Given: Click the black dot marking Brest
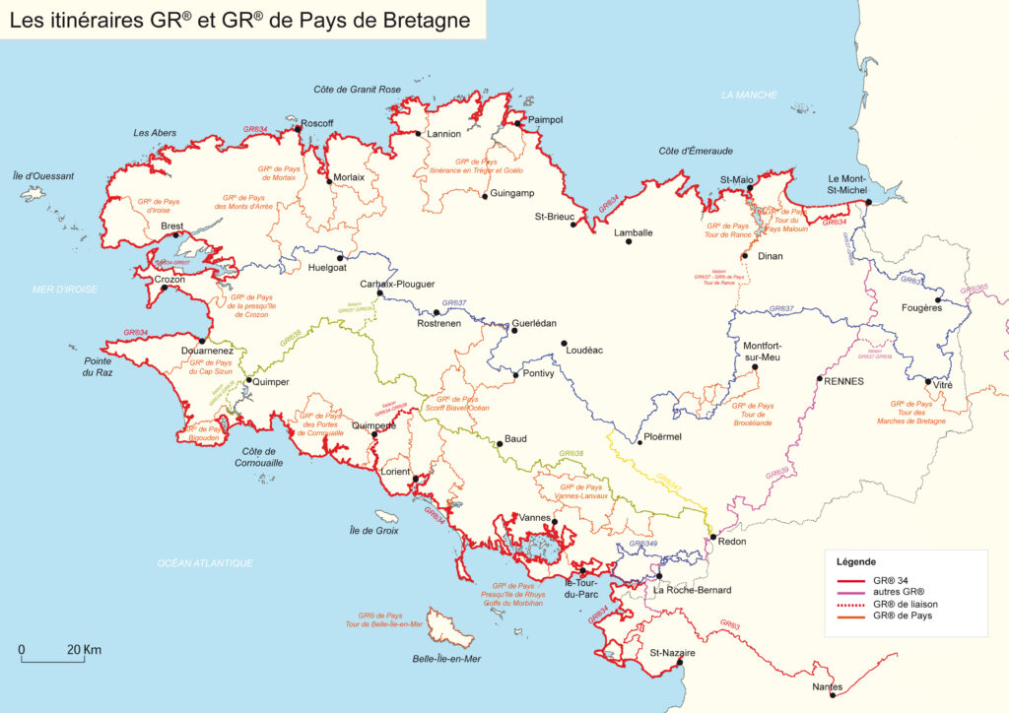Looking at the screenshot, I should [x=176, y=235].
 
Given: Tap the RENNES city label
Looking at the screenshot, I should [x=843, y=380].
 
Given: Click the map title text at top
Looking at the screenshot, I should [x=240, y=19].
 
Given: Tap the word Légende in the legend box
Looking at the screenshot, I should [x=856, y=561].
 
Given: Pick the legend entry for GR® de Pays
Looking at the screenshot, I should [x=901, y=616].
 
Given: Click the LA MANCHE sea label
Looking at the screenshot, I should [x=749, y=95].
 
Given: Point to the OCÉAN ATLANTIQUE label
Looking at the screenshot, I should [x=206, y=562].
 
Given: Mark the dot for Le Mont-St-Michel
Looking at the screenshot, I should [x=868, y=202].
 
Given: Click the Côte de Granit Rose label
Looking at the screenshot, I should [x=358, y=90].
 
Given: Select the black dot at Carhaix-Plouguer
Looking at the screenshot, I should [x=380, y=293].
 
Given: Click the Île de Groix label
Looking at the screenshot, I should [x=373, y=530].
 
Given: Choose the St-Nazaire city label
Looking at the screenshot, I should [x=672, y=652].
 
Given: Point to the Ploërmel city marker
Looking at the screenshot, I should [x=640, y=441].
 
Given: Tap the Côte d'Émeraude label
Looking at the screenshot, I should [x=696, y=151].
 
